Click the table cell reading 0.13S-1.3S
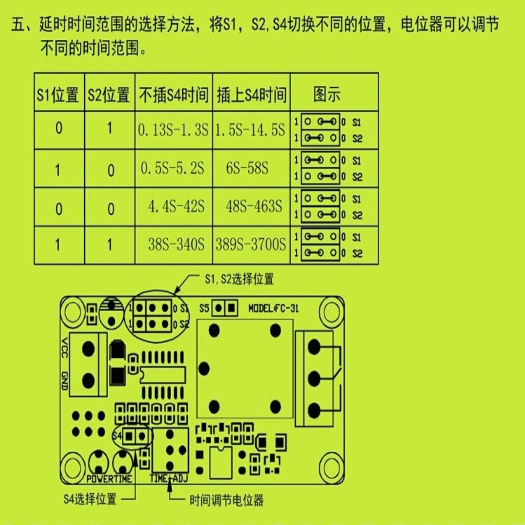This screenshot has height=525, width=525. pos(173,130)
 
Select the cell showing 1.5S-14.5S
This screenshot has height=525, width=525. pos(250,130)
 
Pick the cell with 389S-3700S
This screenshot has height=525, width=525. pos(251,244)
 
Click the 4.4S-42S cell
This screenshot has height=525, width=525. pos(176,206)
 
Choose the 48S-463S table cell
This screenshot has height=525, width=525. pos(254,206)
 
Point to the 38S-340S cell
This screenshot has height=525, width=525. pos(176,244)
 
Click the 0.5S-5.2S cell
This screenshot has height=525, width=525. pos(172,168)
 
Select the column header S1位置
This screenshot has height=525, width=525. pos(58,94)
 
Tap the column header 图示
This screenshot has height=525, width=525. pos(327,94)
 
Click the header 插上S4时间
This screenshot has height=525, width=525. pos(252,94)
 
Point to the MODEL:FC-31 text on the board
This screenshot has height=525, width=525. pos(273,308)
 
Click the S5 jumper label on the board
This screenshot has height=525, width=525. pos(204,308)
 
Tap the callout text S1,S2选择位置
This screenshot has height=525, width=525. pos(239,279)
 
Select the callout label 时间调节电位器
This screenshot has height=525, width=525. pos(226,500)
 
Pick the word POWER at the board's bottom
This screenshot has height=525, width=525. pos(97,479)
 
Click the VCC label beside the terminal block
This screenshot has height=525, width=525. pos(65,347)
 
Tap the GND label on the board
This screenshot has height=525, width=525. pos(65,381)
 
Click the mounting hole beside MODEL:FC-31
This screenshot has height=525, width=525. pos(331,311)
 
